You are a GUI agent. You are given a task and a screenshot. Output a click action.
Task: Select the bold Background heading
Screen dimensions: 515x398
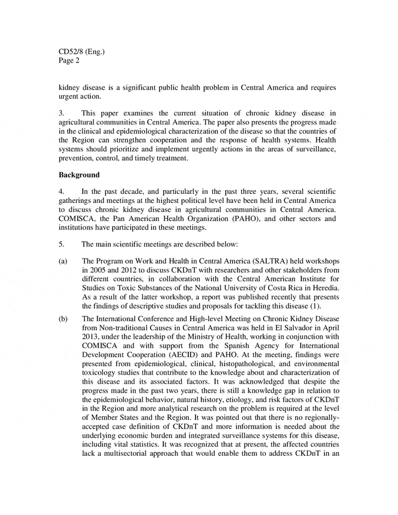coord(80,175)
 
